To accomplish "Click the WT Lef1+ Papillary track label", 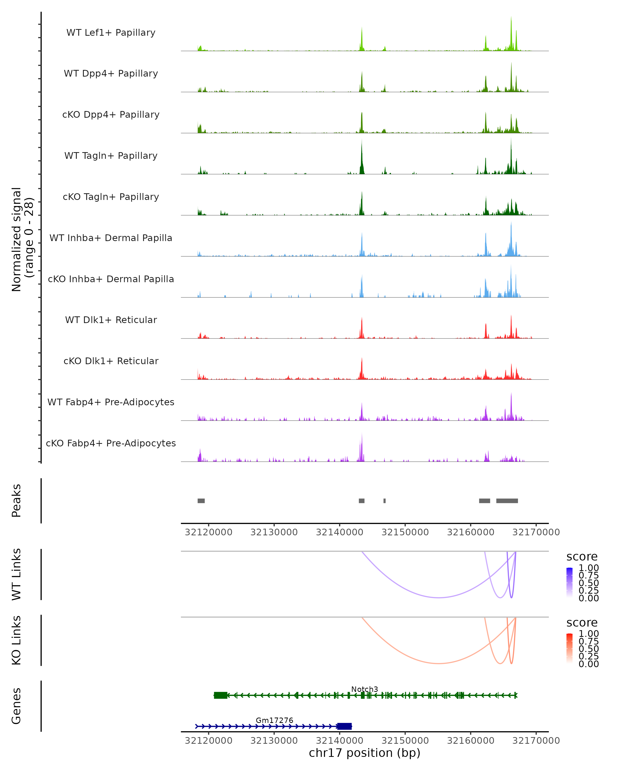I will (111, 33).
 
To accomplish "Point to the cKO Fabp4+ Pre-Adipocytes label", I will (111, 443).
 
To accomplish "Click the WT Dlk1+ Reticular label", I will (111, 320).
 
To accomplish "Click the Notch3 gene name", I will (365, 689).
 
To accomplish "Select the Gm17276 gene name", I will (274, 720).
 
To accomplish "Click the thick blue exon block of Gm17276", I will (344, 726).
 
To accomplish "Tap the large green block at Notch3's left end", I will (220, 695).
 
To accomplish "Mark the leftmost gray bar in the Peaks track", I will (201, 501).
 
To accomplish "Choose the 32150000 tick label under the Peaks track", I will (405, 533).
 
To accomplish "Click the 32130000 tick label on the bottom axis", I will (274, 741).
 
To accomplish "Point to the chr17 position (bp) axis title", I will (365, 753).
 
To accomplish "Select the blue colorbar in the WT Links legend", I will (569, 582).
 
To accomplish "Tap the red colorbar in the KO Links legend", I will (569, 648).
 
